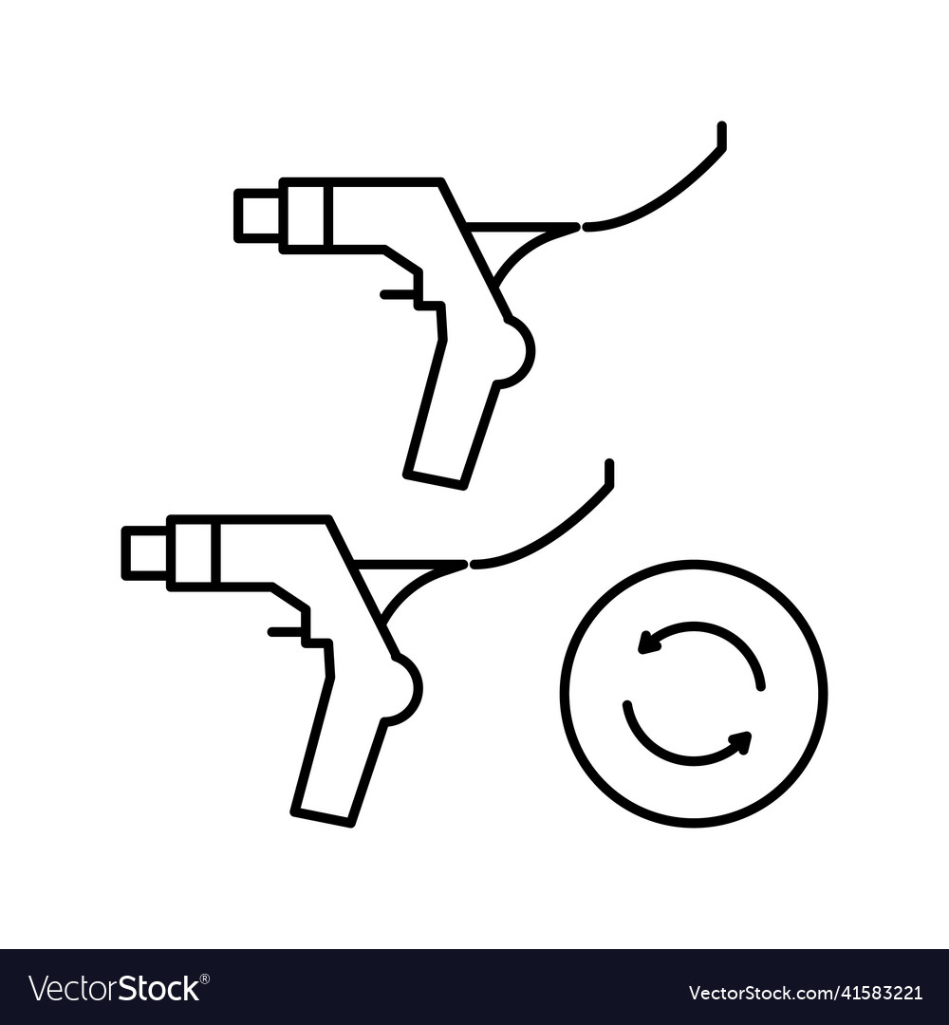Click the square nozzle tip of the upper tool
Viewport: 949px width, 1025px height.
pyautogui.click(x=258, y=215)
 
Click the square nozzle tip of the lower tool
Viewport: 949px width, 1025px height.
pyautogui.click(x=146, y=552)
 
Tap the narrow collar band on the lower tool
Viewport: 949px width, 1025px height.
pyautogui.click(x=194, y=551)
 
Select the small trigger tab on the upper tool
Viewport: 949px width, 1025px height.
pyautogui.click(x=397, y=294)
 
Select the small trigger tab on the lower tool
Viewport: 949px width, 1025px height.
pyautogui.click(x=284, y=631)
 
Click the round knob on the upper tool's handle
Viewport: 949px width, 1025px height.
pyautogui.click(x=516, y=352)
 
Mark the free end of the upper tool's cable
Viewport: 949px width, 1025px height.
pyautogui.click(x=721, y=128)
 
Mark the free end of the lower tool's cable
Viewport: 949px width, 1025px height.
pyautogui.click(x=609, y=465)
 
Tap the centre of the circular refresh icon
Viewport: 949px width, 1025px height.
pyautogui.click(x=694, y=693)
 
